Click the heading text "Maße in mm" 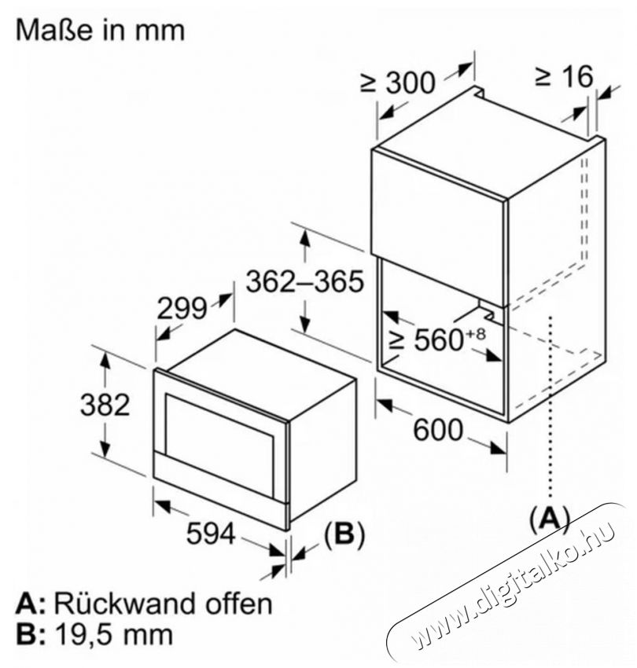pos(100,30)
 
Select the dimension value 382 pos(105,406)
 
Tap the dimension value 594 pos(211,534)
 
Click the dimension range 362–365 pos(305,281)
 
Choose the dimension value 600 pos(438,429)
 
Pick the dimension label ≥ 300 pos(398,83)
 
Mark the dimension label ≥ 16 pos(564,77)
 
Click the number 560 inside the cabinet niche pos(438,340)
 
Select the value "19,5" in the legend pos(82,635)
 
